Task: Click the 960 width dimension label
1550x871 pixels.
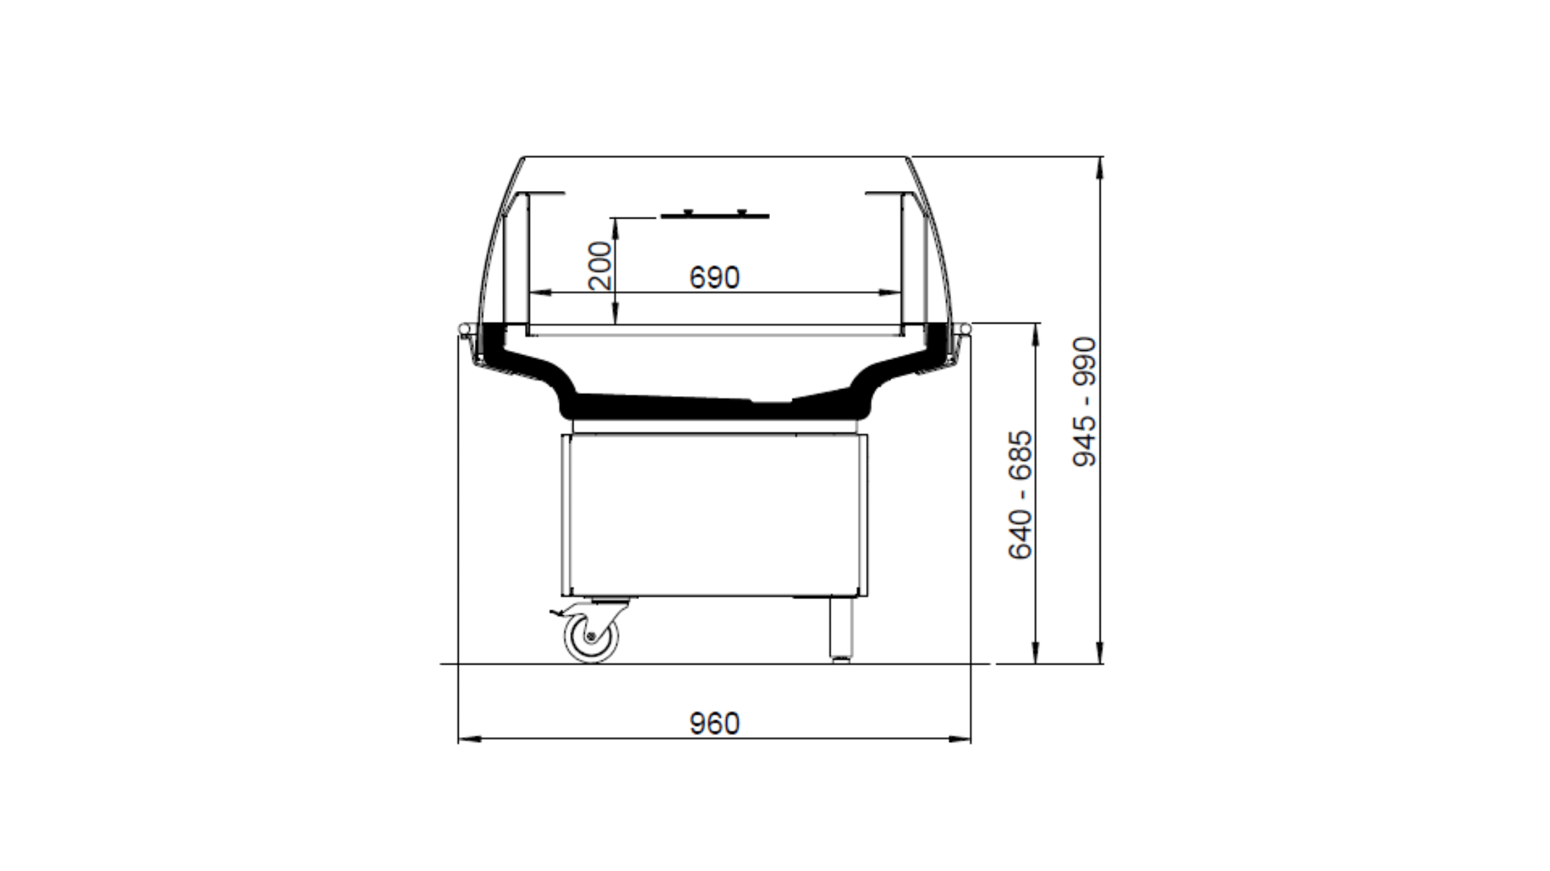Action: click(714, 724)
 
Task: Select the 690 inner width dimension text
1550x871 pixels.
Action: click(714, 278)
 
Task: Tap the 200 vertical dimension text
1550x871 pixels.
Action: click(600, 266)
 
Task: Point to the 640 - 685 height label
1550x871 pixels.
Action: click(1020, 495)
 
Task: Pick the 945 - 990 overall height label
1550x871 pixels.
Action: click(1084, 402)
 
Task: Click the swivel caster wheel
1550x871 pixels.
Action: click(590, 636)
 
